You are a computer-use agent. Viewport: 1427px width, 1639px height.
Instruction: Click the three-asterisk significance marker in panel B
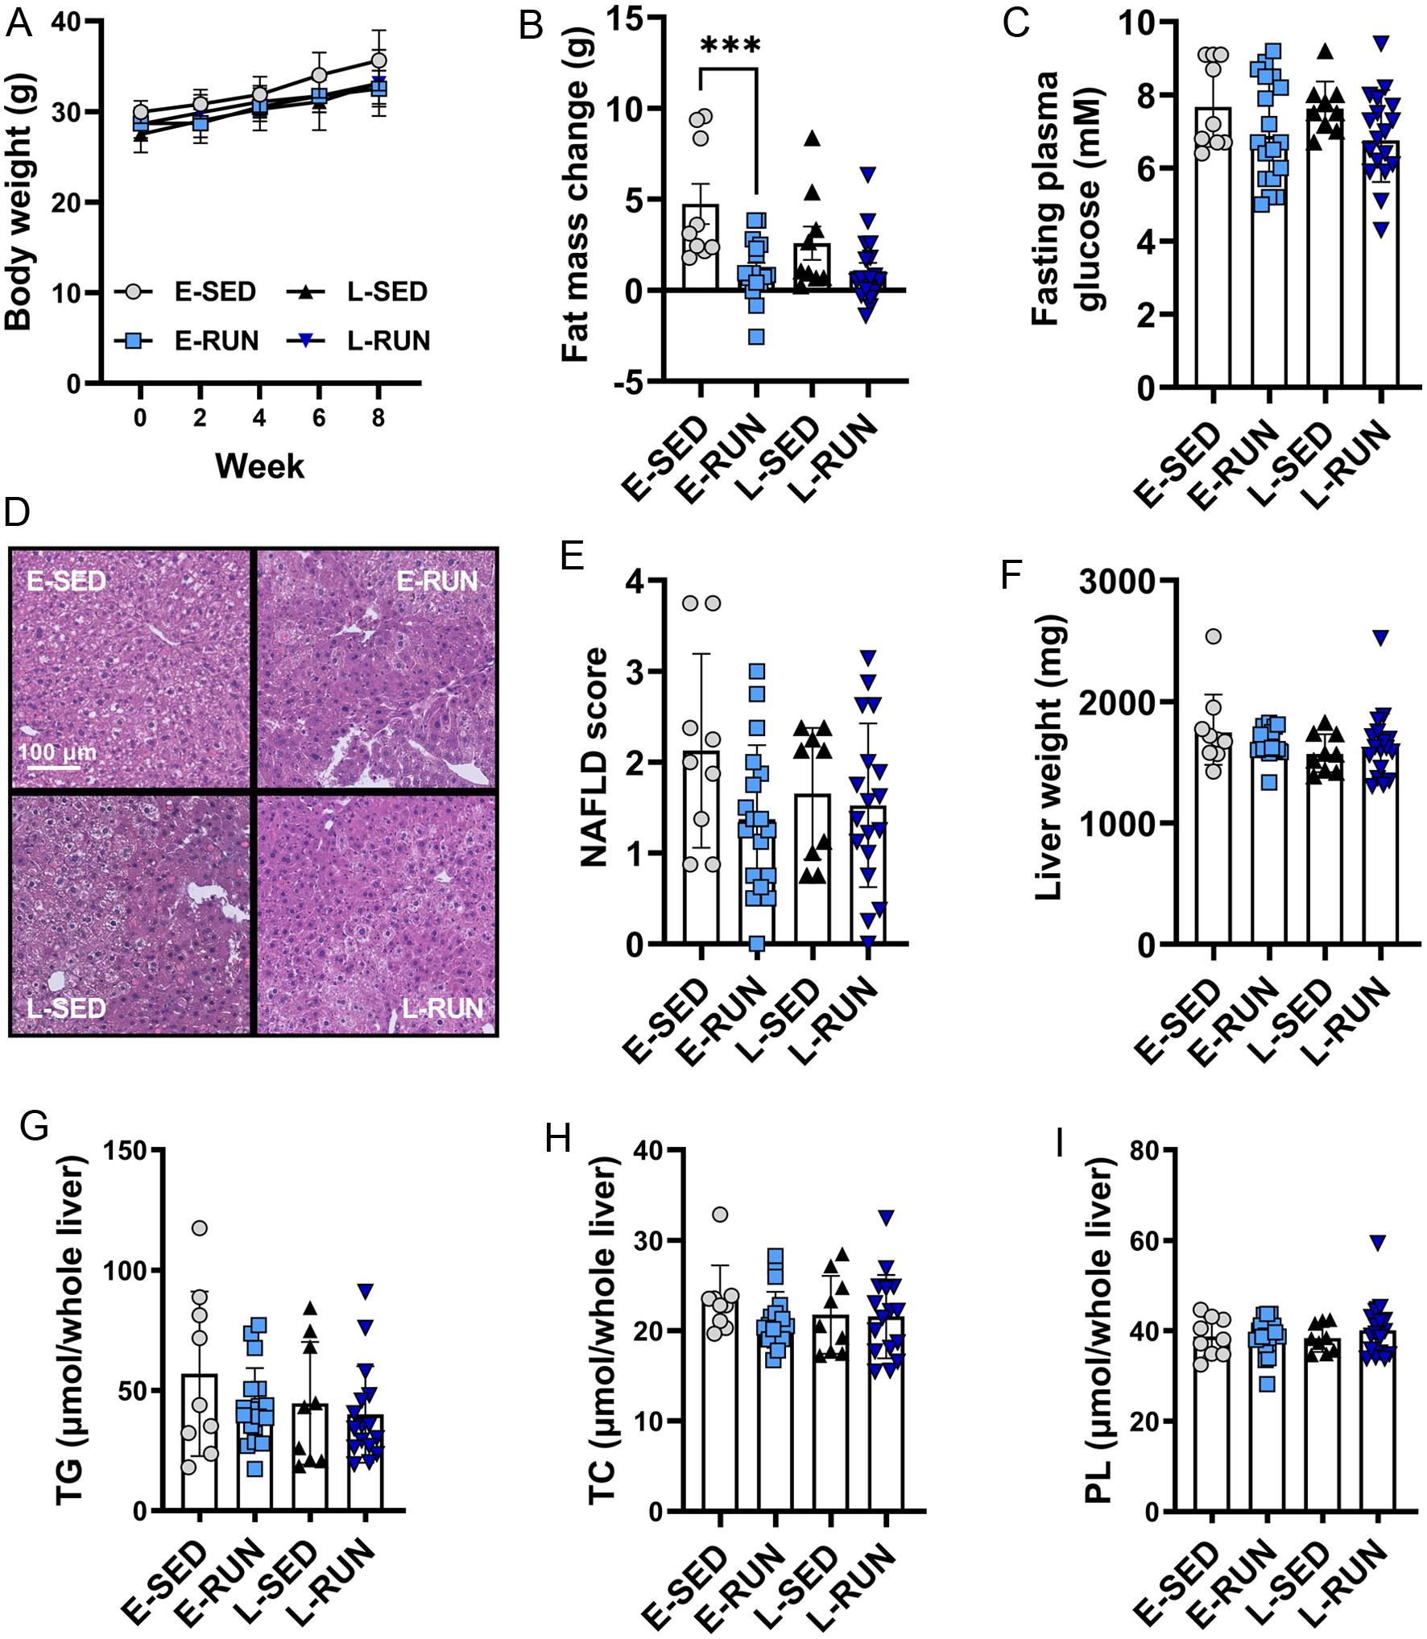click(x=730, y=46)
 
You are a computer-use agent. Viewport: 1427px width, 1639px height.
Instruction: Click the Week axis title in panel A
click(x=259, y=466)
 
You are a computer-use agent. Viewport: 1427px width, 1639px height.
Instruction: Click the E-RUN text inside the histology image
click(x=436, y=581)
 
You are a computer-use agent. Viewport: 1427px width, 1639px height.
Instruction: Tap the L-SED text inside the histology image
click(x=66, y=1008)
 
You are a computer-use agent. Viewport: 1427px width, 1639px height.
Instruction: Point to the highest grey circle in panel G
click(x=200, y=1227)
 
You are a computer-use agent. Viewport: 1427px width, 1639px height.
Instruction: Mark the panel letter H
click(x=557, y=1139)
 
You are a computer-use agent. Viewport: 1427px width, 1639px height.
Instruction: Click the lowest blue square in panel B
click(x=756, y=336)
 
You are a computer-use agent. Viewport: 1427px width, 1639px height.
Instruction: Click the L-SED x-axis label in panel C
click(x=1297, y=463)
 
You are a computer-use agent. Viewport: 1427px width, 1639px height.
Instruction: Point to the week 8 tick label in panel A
click(x=378, y=418)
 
